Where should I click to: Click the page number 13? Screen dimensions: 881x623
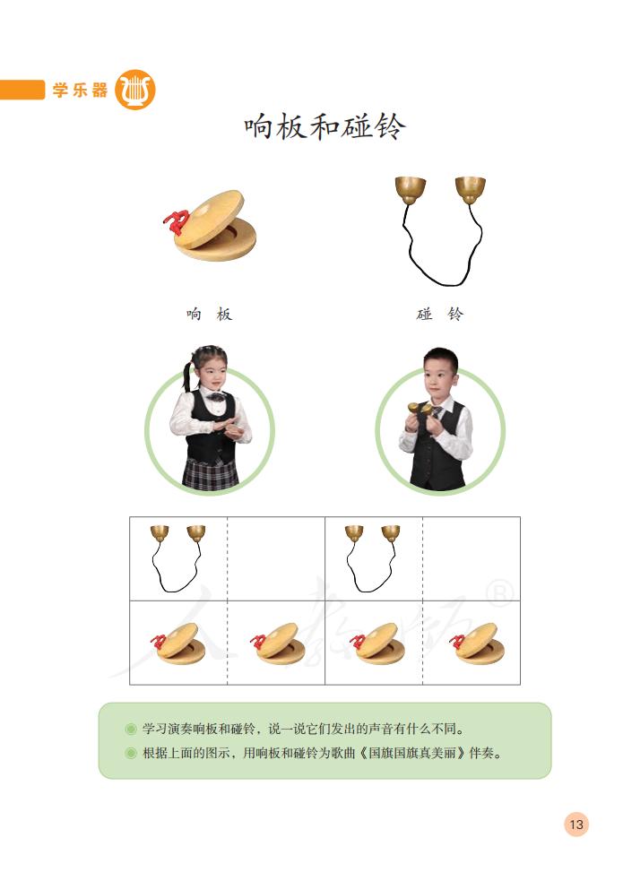click(x=575, y=825)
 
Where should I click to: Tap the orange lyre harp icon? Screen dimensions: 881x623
click(x=135, y=90)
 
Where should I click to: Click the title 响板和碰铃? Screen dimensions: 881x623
click(x=324, y=127)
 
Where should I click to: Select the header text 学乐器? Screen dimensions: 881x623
click(x=80, y=91)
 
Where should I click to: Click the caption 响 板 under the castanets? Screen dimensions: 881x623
click(x=209, y=315)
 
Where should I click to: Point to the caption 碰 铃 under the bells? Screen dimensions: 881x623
click(x=440, y=315)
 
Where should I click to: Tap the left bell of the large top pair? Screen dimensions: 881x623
click(x=411, y=189)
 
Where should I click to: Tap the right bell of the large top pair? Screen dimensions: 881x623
click(x=470, y=188)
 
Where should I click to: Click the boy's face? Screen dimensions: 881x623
click(x=441, y=378)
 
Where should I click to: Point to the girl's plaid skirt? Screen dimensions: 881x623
click(x=211, y=472)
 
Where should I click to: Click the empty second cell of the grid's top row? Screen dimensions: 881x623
click(x=276, y=558)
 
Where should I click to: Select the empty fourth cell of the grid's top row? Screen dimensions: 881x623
click(x=472, y=558)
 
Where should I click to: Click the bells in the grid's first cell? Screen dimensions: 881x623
click(x=177, y=556)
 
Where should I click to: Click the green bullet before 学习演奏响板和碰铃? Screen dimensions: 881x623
click(x=132, y=729)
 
